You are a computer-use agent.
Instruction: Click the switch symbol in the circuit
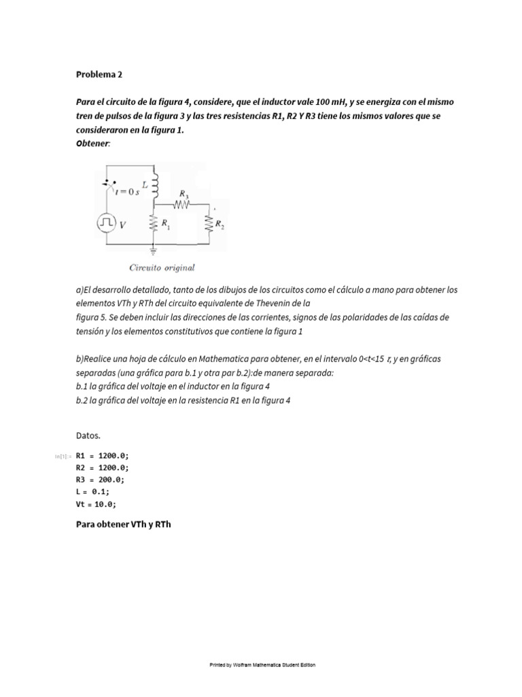click(x=109, y=184)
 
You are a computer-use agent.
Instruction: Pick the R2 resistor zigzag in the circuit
click(x=209, y=223)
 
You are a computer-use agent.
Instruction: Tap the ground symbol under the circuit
click(x=154, y=250)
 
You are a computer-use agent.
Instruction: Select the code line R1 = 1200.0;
click(x=102, y=455)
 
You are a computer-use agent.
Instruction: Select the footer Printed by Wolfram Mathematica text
click(x=262, y=665)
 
